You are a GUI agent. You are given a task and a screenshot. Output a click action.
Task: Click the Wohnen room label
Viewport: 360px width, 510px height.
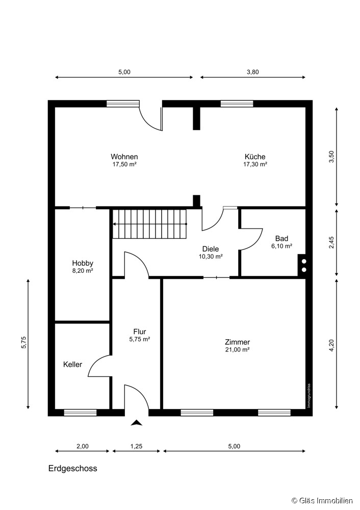124,157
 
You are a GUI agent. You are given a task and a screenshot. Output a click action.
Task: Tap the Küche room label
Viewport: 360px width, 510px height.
255,157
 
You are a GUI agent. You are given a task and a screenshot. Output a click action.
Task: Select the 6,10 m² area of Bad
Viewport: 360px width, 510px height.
281,246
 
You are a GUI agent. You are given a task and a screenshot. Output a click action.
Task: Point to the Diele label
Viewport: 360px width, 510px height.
211,249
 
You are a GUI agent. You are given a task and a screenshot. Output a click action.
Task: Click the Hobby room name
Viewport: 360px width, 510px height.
83,263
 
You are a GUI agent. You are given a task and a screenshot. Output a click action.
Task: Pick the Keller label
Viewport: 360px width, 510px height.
72,365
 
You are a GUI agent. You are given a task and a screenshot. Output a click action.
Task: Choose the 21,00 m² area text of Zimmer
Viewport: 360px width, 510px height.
238,350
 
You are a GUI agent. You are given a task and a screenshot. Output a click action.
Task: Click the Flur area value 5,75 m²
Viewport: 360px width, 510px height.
140,339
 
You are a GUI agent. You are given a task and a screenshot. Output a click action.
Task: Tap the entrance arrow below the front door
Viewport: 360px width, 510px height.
137,423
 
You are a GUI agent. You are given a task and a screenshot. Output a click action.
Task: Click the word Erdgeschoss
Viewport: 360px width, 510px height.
73,468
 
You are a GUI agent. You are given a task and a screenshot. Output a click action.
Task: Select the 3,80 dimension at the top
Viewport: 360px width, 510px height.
253,72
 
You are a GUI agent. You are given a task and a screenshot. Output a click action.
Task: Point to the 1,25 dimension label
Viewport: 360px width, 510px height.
137,446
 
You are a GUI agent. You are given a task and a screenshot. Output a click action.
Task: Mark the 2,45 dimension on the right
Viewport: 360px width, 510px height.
331,243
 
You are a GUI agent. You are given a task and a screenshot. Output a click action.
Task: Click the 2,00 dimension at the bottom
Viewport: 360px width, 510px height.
82,446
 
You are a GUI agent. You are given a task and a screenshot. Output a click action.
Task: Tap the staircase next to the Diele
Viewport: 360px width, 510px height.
150,224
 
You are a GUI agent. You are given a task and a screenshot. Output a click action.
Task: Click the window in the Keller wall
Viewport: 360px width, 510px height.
81,413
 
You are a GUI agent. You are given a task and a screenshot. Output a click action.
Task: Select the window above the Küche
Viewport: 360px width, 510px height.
237,104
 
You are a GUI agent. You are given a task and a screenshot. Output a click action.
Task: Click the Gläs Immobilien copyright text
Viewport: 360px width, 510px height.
322,501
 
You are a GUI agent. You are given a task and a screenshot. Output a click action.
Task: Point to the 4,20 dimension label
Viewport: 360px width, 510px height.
331,345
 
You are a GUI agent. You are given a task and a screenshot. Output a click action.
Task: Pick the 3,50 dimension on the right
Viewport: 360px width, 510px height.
331,157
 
